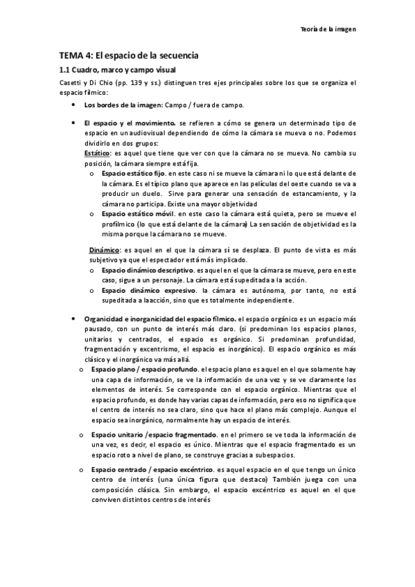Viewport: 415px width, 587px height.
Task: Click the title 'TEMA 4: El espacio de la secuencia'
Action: pos(129,54)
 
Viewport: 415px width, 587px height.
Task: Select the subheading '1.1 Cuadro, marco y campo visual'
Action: pos(116,70)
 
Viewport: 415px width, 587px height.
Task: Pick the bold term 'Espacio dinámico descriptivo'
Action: pos(148,268)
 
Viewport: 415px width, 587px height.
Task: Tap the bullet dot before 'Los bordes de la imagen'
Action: pos(74,105)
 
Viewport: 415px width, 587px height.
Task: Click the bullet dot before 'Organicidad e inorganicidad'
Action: pos(74,318)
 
